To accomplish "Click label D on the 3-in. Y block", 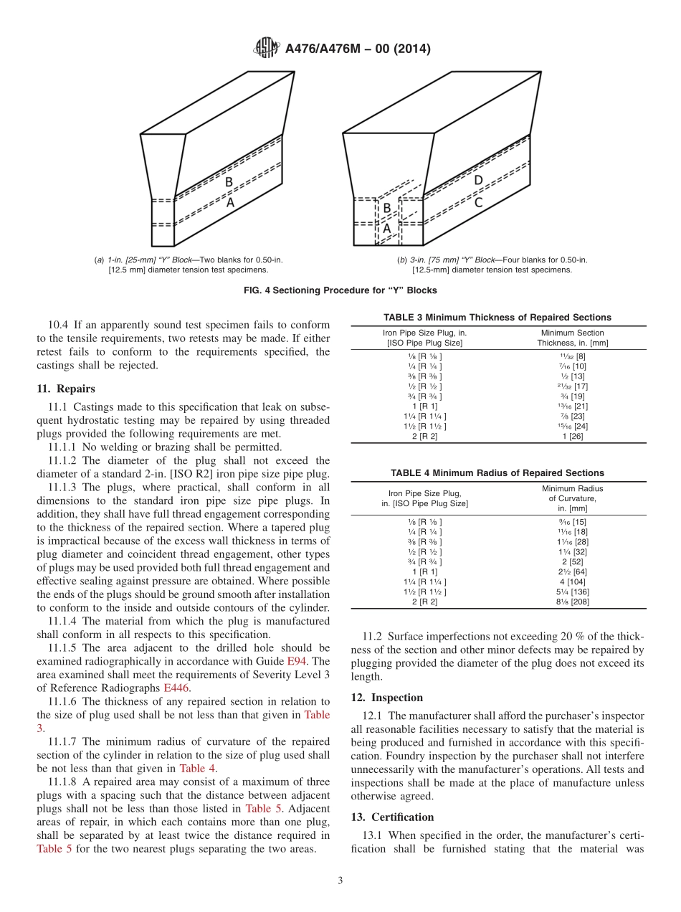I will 478,181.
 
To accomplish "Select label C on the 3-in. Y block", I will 478,203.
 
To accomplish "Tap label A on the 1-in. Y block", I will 230,203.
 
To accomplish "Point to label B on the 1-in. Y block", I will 229,182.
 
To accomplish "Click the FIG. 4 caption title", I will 340,290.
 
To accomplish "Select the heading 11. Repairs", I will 66,389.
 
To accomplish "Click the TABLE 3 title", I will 497,317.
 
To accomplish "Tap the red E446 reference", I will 176,688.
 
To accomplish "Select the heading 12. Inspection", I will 387,698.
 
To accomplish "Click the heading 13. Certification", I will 392,817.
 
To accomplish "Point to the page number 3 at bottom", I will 340,881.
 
